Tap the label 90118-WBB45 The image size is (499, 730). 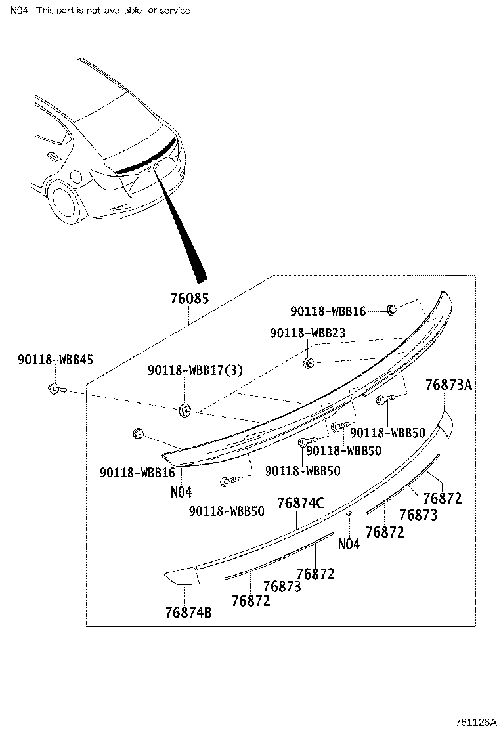pyautogui.click(x=56, y=359)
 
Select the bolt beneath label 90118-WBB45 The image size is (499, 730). pyautogui.click(x=55, y=389)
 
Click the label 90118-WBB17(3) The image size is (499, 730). pyautogui.click(x=195, y=371)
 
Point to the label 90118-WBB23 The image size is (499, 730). pyautogui.click(x=307, y=333)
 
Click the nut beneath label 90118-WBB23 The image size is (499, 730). pyautogui.click(x=307, y=362)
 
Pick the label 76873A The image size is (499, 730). pyautogui.click(x=448, y=385)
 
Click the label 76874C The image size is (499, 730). pyautogui.click(x=301, y=504)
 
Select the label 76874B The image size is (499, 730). pyautogui.click(x=188, y=612)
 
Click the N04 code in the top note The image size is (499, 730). pyautogui.click(x=18, y=11)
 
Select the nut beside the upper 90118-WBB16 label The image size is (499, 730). pyautogui.click(x=391, y=309)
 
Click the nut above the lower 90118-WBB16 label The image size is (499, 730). pyautogui.click(x=138, y=433)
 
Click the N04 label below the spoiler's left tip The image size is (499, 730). pyautogui.click(x=181, y=492)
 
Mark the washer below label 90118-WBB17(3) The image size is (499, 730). pyautogui.click(x=184, y=410)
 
